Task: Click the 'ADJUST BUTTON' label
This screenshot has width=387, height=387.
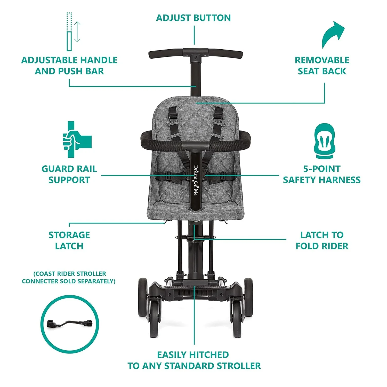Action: (193, 18)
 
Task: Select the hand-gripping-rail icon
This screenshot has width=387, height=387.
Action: (75, 139)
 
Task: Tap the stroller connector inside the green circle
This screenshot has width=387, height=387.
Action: (69, 324)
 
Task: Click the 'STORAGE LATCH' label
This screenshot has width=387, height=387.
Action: (69, 240)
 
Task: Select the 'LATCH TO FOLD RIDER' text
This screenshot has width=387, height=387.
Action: (322, 240)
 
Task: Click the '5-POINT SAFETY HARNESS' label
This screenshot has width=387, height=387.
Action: (322, 174)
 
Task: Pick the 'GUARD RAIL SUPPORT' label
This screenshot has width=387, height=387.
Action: (69, 174)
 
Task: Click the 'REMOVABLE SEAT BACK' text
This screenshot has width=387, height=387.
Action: (322, 66)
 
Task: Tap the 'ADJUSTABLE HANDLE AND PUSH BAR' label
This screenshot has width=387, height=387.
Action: (69, 66)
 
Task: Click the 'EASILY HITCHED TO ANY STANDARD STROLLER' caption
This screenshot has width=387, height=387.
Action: (194, 360)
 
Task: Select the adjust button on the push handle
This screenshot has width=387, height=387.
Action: (196, 57)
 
